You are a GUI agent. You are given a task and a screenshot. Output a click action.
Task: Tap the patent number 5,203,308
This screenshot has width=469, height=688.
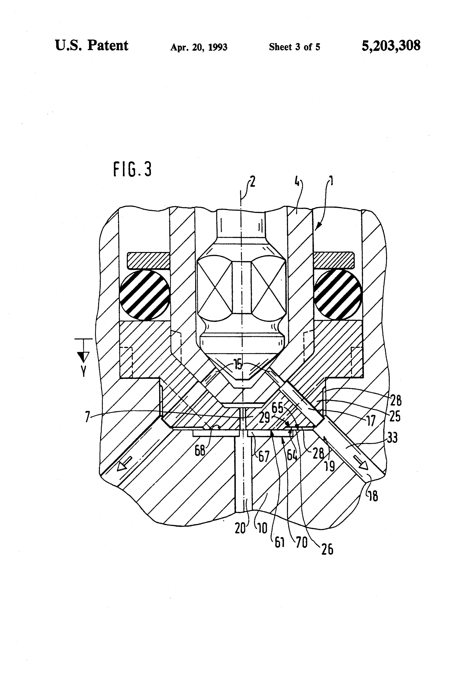[x=391, y=46]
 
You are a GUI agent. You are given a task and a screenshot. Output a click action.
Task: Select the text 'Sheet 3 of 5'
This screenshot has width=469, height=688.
[x=294, y=47]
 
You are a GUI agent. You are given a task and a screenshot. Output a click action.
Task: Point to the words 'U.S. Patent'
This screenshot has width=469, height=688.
[x=92, y=46]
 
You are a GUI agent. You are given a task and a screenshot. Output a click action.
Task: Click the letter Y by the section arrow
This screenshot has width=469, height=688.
[x=84, y=371]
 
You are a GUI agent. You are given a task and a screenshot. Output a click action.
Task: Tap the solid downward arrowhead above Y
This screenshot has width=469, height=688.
[x=83, y=357]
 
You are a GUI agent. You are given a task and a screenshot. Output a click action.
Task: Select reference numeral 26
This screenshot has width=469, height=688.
[x=327, y=549]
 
